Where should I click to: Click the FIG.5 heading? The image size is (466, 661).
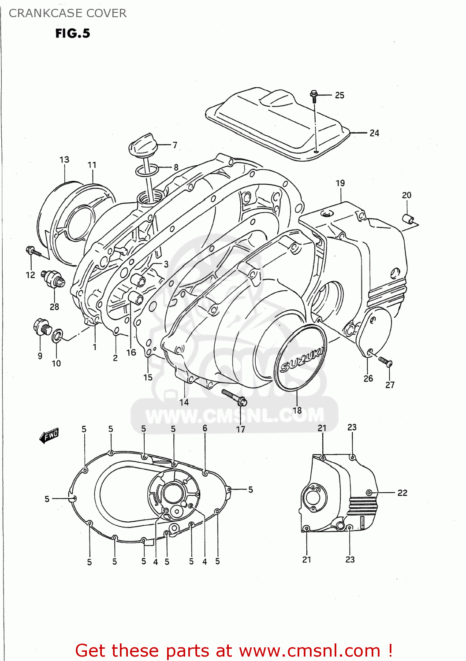73,33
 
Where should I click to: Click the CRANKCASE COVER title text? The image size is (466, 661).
67,13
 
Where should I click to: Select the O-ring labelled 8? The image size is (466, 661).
147,170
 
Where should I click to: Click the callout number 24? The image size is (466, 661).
374,133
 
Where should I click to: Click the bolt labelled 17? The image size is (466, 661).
234,397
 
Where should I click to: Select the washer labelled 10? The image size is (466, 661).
57,336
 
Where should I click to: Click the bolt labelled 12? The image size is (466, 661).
33,252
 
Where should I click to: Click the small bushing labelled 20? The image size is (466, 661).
409,219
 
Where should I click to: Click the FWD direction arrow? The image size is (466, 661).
49,436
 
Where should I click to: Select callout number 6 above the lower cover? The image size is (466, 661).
205,428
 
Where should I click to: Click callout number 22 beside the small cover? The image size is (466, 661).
402,493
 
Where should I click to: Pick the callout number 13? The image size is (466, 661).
64,160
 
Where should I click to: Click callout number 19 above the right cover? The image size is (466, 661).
340,183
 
